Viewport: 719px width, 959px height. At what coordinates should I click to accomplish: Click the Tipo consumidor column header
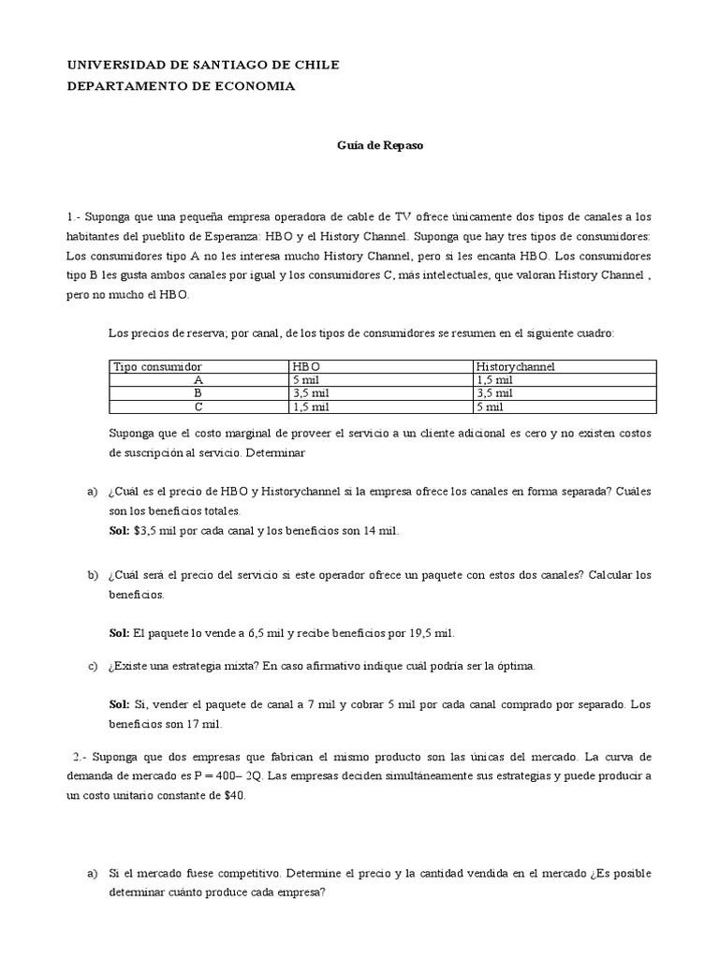click(157, 366)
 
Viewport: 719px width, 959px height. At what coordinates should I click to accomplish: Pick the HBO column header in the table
click(306, 366)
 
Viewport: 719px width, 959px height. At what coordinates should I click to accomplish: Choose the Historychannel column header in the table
click(515, 366)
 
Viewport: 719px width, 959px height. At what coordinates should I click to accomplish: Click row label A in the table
click(198, 380)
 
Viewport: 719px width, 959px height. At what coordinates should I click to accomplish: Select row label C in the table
click(198, 407)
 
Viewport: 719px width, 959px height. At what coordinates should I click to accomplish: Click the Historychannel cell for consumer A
click(494, 380)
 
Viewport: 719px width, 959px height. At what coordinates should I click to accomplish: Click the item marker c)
click(92, 667)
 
